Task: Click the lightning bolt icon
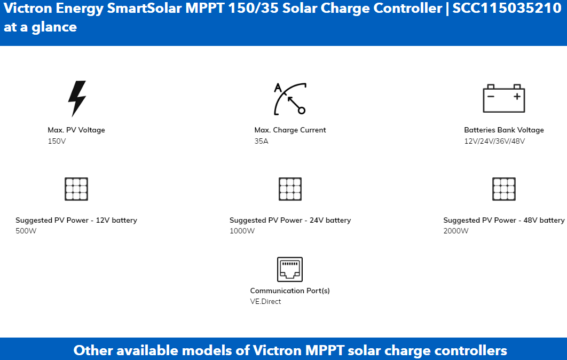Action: tap(77, 98)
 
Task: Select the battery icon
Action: tap(503, 98)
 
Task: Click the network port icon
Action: tap(290, 269)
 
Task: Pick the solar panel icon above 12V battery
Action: tap(76, 189)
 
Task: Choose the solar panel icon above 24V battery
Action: tap(290, 189)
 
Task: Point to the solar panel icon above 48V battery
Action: tap(503, 189)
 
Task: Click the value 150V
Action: tap(57, 141)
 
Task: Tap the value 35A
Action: tap(261, 141)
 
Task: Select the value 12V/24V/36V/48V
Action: tap(494, 141)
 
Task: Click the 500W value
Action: tap(26, 231)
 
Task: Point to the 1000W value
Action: tap(242, 231)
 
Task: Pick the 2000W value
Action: tap(455, 231)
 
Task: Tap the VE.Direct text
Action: tap(265, 301)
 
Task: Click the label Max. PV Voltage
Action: tap(76, 130)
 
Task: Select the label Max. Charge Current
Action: tap(290, 130)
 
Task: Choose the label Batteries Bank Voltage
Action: tap(503, 130)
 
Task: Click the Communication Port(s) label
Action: tap(290, 291)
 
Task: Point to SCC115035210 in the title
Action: tap(507, 8)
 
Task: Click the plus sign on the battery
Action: tap(517, 96)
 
